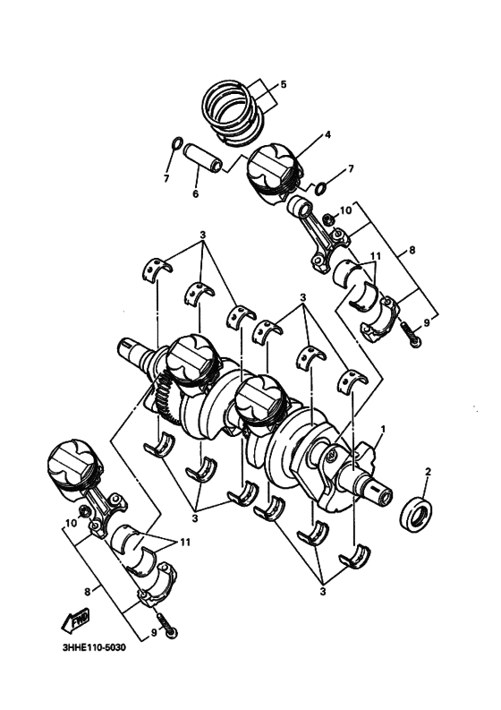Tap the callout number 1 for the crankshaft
[383, 428]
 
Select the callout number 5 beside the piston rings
[284, 84]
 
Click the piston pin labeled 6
[203, 157]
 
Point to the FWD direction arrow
[75, 620]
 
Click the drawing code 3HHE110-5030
[94, 647]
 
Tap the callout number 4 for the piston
[327, 134]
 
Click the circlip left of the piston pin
[177, 143]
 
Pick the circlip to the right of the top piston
[321, 187]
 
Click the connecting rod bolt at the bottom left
[167, 626]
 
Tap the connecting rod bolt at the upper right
[411, 334]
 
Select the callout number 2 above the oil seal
[428, 471]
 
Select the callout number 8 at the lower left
[87, 590]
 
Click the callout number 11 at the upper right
[375, 256]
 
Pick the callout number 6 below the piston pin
[196, 193]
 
